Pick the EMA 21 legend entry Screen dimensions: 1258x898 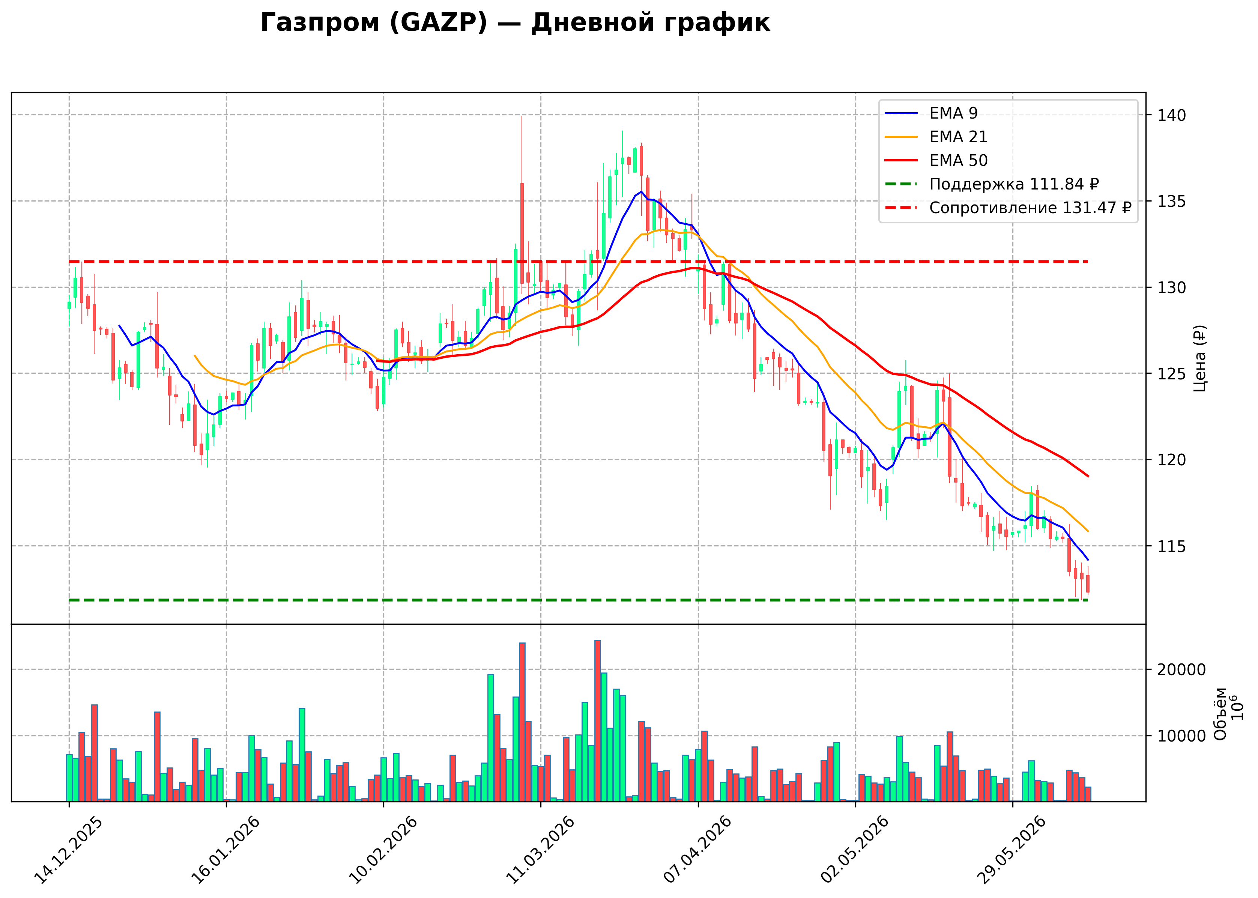tap(936, 137)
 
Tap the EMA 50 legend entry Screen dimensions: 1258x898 tap(936, 160)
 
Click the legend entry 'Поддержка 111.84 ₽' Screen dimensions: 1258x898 tap(992, 184)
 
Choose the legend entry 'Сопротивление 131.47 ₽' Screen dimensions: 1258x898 tap(1008, 208)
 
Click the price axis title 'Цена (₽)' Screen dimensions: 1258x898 tap(1199, 358)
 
